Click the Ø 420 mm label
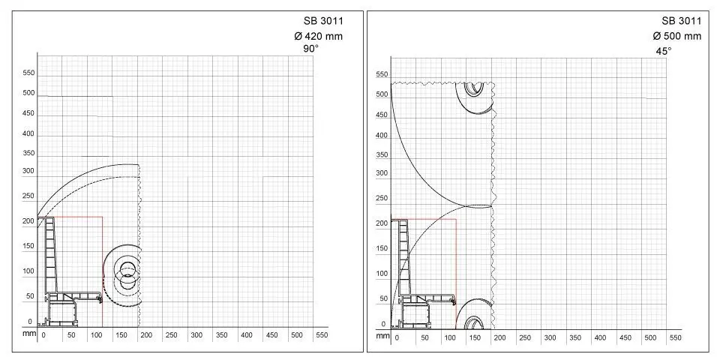click(x=318, y=36)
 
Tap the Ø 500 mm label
click(x=677, y=36)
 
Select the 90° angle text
click(x=310, y=49)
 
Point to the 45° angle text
click(x=663, y=50)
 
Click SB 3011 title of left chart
click(x=323, y=21)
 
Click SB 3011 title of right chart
click(x=682, y=21)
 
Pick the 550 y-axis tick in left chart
click(x=28, y=73)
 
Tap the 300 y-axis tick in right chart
click(x=382, y=173)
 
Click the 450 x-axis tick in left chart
click(x=271, y=335)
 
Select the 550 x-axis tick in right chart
click(x=676, y=337)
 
